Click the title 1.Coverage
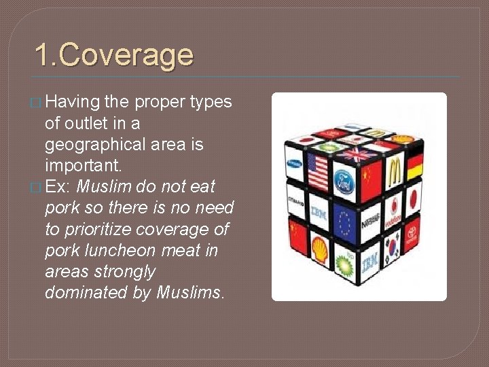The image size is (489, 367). pos(113,56)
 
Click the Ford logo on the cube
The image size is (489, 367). pos(344,181)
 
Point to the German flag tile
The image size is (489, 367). pos(415,164)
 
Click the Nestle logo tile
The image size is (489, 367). pos(370,220)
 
